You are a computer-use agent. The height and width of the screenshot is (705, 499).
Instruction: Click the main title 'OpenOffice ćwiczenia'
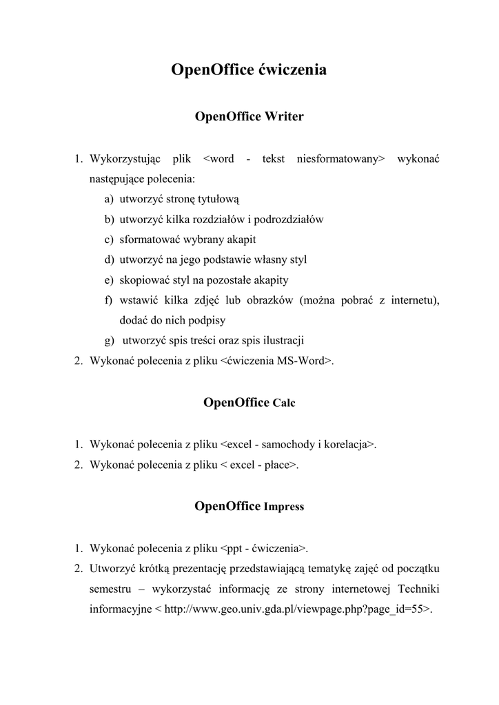click(249, 70)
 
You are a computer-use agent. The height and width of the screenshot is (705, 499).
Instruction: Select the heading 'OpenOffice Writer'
click(249, 116)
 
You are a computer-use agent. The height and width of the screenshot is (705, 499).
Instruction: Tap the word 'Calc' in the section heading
click(283, 403)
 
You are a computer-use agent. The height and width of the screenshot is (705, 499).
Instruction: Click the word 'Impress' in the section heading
click(283, 507)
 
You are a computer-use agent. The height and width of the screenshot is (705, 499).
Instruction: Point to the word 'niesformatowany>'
click(340, 160)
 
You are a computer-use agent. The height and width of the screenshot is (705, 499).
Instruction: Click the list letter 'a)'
click(110, 200)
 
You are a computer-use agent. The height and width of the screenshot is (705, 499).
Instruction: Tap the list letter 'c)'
click(110, 240)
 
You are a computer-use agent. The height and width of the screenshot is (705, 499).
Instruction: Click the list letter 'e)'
click(110, 280)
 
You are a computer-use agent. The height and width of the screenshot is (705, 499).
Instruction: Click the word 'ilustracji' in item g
click(282, 340)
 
